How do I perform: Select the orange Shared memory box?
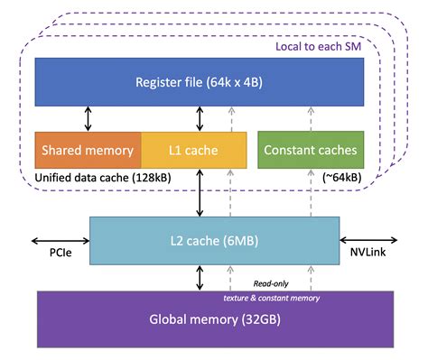(87, 149)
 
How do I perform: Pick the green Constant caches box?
(311, 149)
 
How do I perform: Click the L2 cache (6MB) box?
(214, 241)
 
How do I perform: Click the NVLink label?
(367, 256)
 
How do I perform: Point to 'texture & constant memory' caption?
(271, 296)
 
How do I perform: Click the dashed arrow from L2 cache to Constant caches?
(309, 191)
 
